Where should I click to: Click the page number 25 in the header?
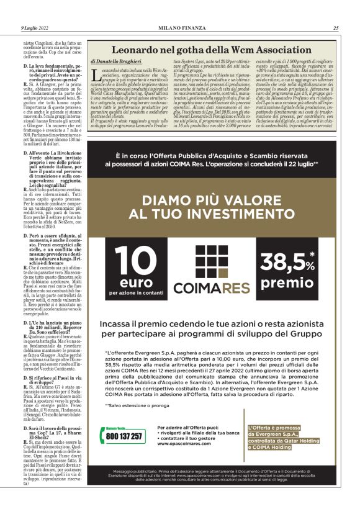point(336,28)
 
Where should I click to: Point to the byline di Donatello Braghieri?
point(115,63)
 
